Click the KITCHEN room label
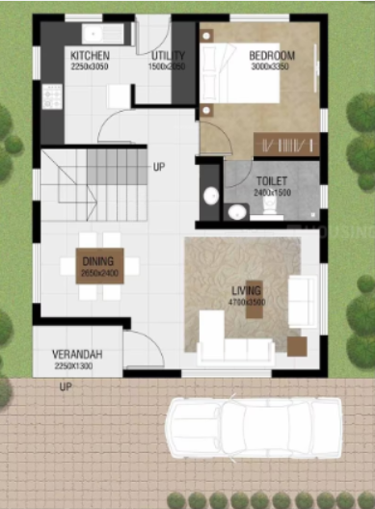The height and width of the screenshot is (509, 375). pos(90,56)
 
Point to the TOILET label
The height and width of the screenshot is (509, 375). pos(271,180)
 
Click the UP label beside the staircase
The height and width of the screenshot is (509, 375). pos(158,167)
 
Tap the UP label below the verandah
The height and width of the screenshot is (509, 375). pos(67,388)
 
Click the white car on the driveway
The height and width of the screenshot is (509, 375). pos(253,429)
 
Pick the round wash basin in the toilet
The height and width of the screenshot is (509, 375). pos(210,196)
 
